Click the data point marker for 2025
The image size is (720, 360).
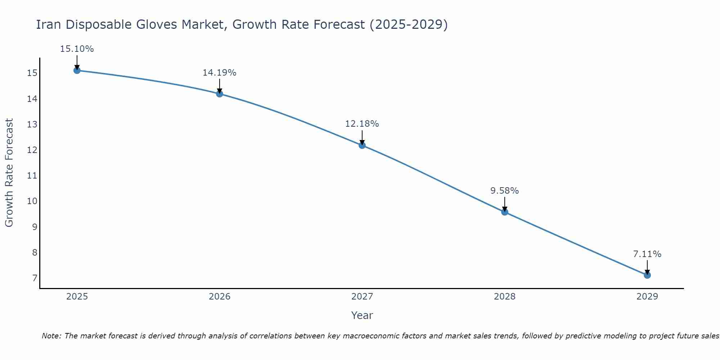pos(77,70)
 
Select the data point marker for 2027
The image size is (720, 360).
pos(362,145)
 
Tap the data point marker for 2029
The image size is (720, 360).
pos(647,275)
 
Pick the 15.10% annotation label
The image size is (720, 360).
pos(77,49)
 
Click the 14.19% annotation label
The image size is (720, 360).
pos(219,73)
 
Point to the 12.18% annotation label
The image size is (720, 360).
pos(362,124)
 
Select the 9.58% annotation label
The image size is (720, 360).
pos(504,191)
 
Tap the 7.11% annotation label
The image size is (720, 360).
pos(647,254)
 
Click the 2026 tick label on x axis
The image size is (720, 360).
pos(220,297)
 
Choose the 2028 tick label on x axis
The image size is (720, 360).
pos(505,297)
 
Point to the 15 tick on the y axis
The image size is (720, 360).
pos(32,73)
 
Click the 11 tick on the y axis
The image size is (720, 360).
pos(32,176)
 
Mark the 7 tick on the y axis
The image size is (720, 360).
pos(35,278)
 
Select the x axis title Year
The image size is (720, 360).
pos(362,315)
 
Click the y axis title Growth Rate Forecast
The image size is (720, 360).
pos(9,173)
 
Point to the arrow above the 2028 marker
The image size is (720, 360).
pos(505,204)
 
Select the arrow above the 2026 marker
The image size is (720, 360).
pos(220,86)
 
